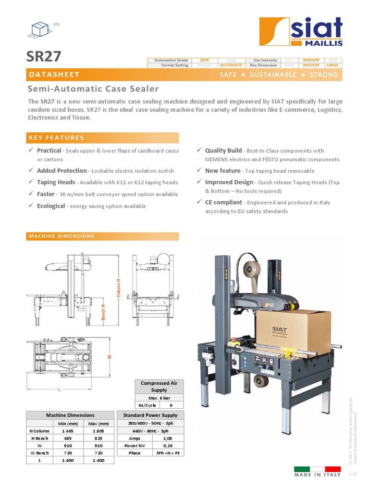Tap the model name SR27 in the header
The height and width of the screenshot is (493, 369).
(44, 57)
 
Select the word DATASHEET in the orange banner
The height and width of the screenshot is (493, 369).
(54, 75)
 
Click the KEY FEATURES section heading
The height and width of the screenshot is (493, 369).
(57, 138)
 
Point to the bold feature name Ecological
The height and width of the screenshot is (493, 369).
(51, 206)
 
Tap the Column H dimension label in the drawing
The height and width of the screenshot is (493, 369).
(119, 287)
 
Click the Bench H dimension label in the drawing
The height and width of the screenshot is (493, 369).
(103, 312)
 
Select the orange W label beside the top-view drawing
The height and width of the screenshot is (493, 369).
(110, 357)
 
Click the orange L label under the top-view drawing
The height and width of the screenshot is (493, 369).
(59, 389)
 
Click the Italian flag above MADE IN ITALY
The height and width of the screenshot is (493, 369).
(317, 469)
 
